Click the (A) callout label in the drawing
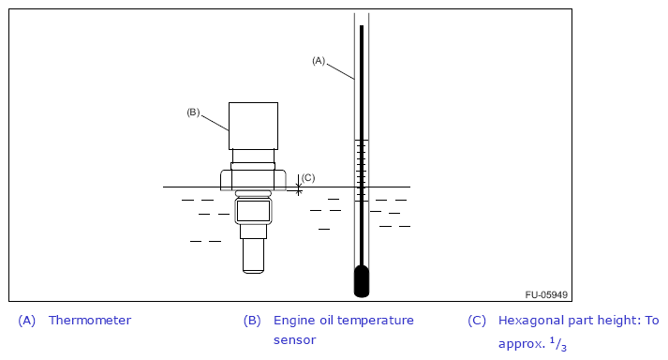[x=319, y=61]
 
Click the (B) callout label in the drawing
[x=193, y=112]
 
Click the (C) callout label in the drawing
[x=308, y=178]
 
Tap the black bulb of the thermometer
[x=362, y=281]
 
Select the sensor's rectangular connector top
[x=254, y=126]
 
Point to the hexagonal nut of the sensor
[x=253, y=180]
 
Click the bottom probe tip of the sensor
[x=254, y=256]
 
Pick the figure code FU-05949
[x=546, y=294]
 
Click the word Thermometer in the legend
[x=90, y=321]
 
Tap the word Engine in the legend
[x=289, y=321]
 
